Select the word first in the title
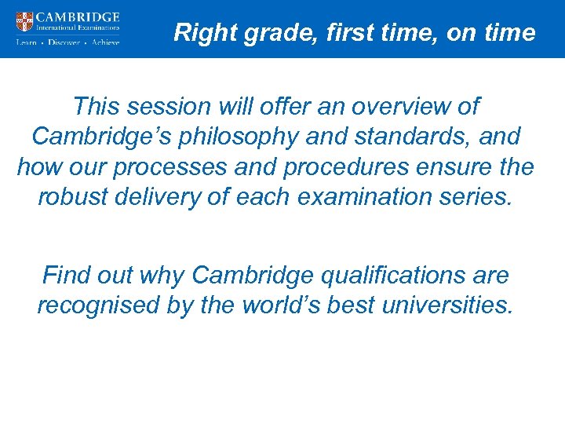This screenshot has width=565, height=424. click(x=329, y=33)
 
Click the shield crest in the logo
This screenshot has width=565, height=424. click(x=24, y=21)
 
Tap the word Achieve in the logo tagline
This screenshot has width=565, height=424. click(x=106, y=42)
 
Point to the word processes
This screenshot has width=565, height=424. click(x=169, y=167)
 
